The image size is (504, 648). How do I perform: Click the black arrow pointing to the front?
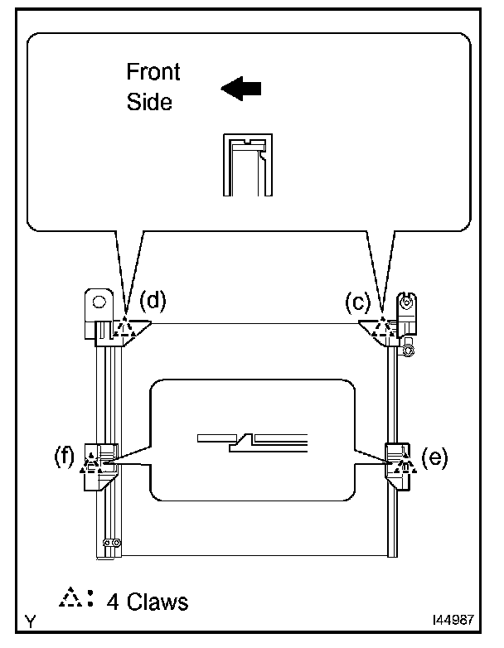[x=240, y=89]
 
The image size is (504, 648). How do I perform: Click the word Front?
[x=153, y=72]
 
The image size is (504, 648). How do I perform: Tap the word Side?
[x=149, y=102]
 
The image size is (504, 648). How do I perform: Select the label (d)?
[x=153, y=301]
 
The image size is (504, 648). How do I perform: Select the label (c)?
[x=358, y=303]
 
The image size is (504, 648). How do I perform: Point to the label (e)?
[x=433, y=457]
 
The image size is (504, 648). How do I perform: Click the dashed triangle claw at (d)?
[x=124, y=329]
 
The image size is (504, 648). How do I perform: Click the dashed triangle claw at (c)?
[x=382, y=329]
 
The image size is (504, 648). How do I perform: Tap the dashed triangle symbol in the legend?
[x=75, y=599]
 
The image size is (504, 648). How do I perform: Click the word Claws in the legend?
[x=157, y=601]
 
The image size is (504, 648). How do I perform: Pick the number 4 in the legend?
[x=112, y=601]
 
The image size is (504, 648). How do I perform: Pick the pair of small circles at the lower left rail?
[x=111, y=543]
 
